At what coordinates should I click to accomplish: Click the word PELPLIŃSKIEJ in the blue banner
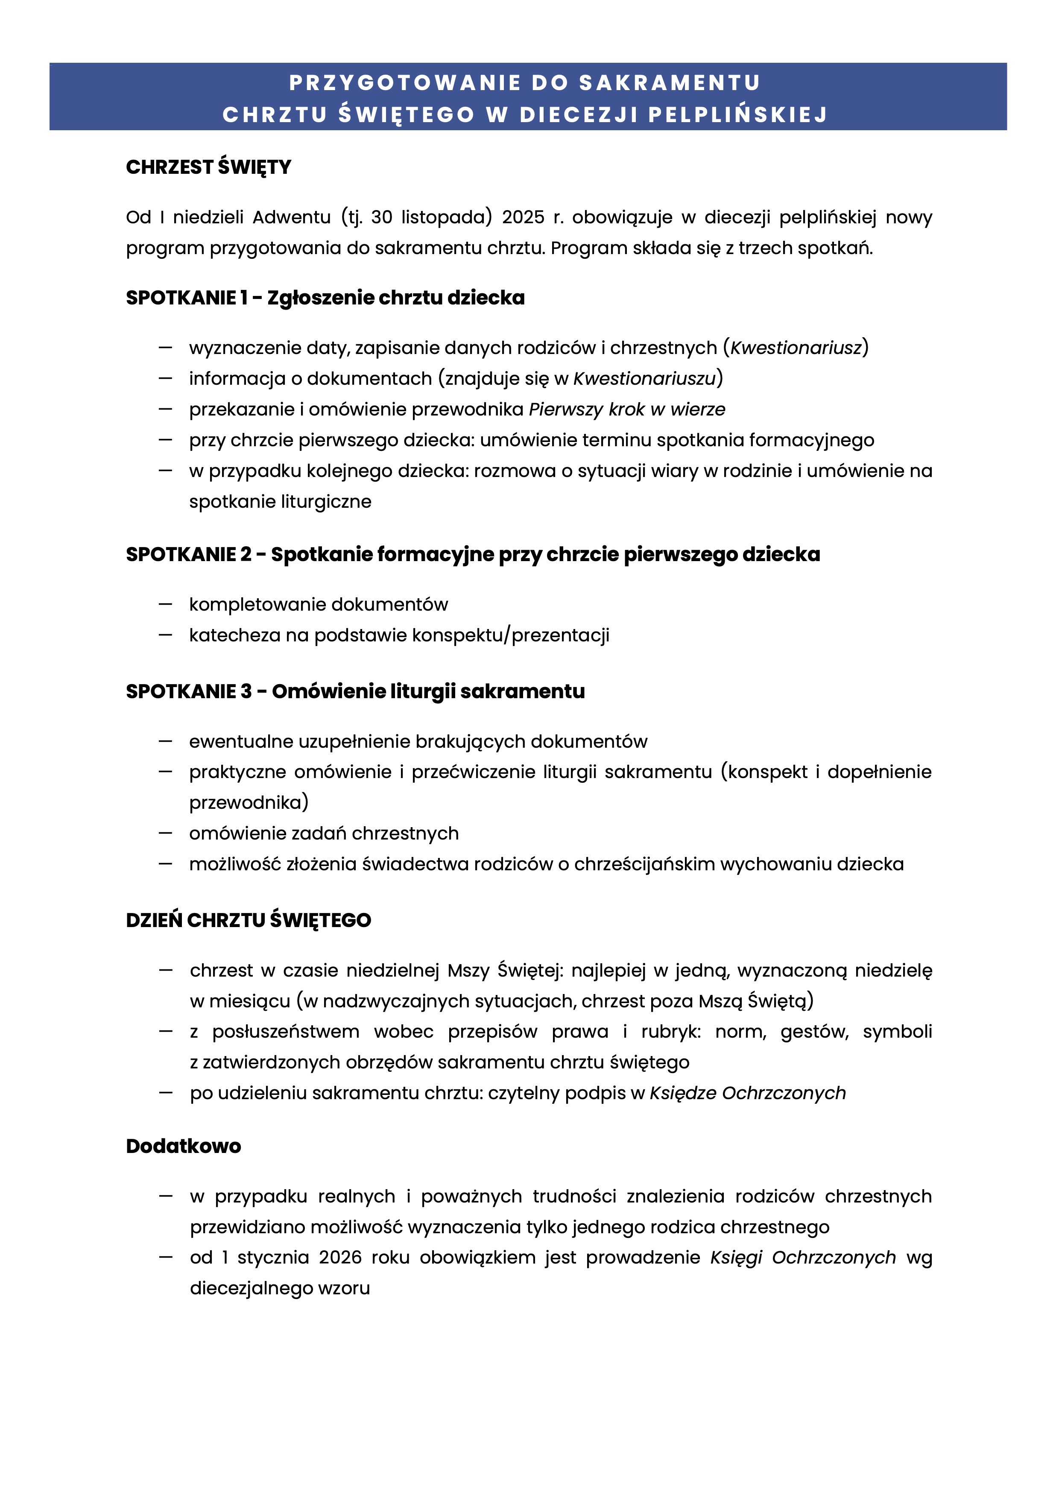(x=737, y=115)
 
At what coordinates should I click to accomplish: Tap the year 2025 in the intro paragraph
(x=523, y=217)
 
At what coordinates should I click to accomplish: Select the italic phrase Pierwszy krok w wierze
(x=626, y=409)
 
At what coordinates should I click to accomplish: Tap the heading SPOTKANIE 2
(x=188, y=555)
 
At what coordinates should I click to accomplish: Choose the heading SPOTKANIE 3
(x=188, y=692)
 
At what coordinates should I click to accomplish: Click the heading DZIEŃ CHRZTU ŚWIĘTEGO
(x=248, y=921)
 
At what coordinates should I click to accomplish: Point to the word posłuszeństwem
(x=285, y=1032)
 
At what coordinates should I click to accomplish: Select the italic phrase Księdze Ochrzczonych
(x=747, y=1093)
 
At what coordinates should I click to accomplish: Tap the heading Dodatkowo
(x=183, y=1146)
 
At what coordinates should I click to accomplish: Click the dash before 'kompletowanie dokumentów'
(x=165, y=604)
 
